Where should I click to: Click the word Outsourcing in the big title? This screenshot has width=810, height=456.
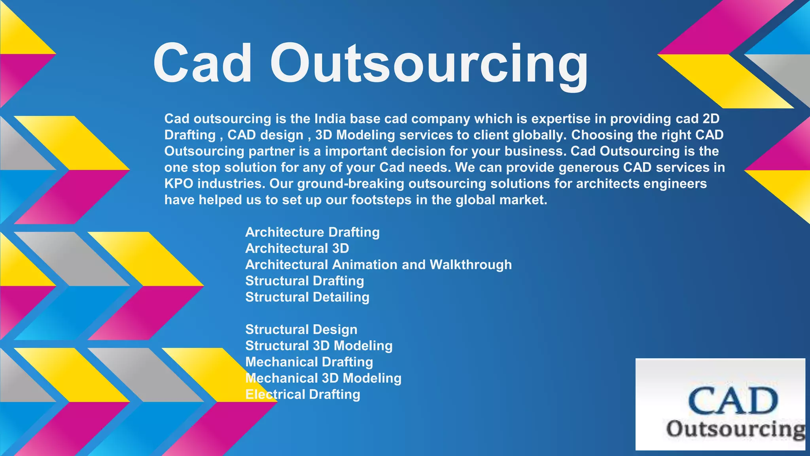(429, 65)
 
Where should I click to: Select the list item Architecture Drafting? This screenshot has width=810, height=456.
(312, 232)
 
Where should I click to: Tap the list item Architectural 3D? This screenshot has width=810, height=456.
(297, 248)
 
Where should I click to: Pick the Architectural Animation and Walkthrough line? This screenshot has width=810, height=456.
(378, 264)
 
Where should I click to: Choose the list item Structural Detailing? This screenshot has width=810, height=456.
(307, 297)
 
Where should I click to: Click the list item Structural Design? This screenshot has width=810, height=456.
(301, 329)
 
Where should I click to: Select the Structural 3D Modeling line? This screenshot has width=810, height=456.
(318, 346)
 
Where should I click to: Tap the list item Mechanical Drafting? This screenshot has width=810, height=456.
(309, 362)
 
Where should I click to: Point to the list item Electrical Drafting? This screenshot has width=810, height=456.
(303, 394)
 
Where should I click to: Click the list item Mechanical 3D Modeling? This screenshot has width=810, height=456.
(323, 378)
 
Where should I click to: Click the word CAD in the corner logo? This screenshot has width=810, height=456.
(732, 401)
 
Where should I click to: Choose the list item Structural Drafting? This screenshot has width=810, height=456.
(304, 281)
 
